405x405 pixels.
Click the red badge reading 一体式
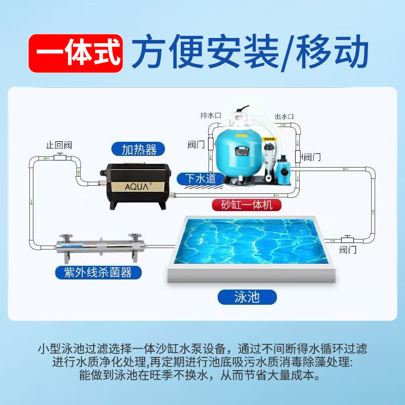75,53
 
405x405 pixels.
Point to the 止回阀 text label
59,145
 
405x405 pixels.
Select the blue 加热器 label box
135,149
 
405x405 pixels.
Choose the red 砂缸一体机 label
247,205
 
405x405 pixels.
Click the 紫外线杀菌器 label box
97,272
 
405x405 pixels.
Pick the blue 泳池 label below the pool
247,296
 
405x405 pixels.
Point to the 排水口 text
211,115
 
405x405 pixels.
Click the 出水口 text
284,116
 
